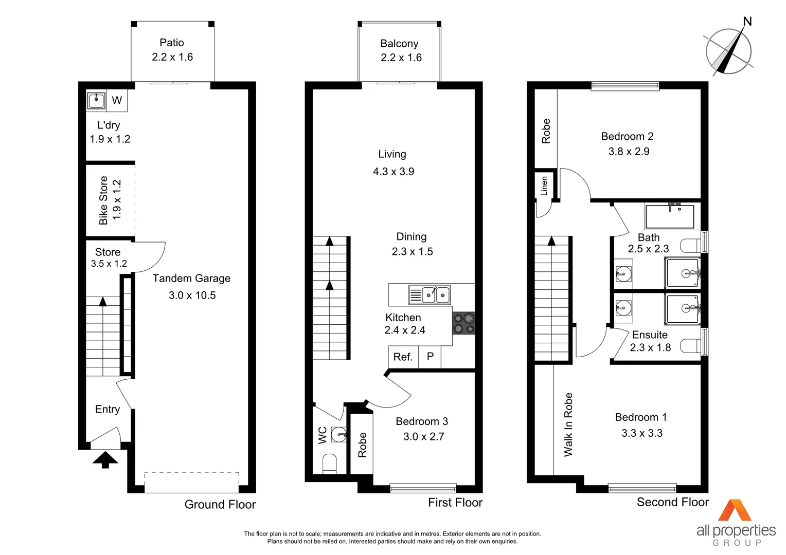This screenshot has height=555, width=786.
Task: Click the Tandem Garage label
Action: point(191,279)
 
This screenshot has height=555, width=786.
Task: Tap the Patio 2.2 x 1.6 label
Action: point(172,50)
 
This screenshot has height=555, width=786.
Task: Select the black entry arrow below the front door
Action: point(105,459)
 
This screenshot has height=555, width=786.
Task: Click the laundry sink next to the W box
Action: point(96,100)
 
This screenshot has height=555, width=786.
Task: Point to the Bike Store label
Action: point(103,200)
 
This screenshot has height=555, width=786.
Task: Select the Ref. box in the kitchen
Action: point(403,357)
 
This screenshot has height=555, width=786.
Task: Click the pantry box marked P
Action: point(430,357)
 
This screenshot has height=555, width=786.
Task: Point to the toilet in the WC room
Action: point(329,464)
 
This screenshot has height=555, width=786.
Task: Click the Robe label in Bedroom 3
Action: point(362,445)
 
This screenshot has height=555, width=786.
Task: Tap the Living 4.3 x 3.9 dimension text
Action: point(394,172)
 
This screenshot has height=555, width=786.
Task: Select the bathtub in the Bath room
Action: point(670,217)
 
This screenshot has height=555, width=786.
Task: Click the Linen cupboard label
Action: point(544,186)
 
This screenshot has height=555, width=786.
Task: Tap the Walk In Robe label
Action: point(568,424)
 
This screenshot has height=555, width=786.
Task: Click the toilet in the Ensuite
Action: point(690,346)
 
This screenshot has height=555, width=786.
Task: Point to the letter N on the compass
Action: point(747,22)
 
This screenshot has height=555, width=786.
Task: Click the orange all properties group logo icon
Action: point(735,510)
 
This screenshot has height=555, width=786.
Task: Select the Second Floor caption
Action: point(672,502)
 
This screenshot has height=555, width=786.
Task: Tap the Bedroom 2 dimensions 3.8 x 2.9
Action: point(629,152)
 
